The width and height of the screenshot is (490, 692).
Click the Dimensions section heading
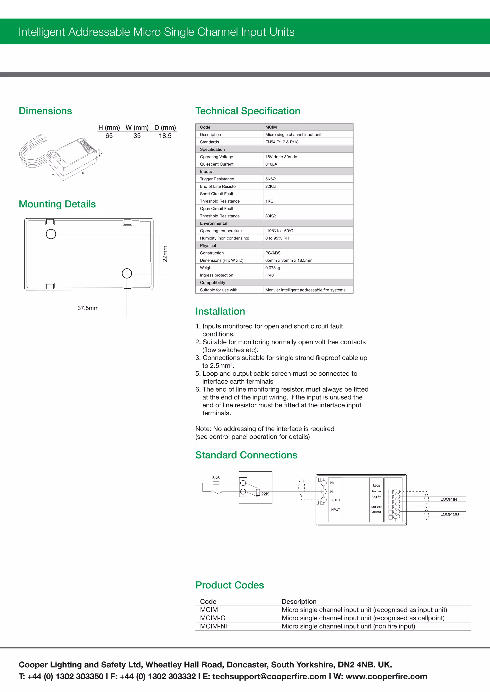tap(45, 111)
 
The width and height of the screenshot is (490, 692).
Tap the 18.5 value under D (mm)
tap(165, 136)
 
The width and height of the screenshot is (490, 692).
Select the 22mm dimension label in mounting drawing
tap(165, 254)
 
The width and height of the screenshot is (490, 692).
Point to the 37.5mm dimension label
tap(88, 308)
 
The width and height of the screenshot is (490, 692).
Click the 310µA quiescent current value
tap(271, 164)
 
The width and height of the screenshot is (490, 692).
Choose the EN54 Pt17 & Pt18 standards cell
tap(282, 142)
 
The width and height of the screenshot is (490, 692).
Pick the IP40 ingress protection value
tap(269, 275)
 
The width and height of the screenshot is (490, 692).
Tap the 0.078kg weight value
tap(273, 268)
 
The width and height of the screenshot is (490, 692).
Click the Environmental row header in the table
tap(213, 223)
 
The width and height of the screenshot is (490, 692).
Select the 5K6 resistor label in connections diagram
tap(216, 478)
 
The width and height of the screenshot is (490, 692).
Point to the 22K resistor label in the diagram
tap(265, 494)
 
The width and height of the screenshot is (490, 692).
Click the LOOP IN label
tap(448, 499)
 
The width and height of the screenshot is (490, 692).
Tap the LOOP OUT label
tap(451, 514)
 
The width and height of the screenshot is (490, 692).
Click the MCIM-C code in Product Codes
tap(212, 618)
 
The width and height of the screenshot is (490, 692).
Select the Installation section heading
tap(220, 311)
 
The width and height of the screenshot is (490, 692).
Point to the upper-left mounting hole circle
tap(51, 234)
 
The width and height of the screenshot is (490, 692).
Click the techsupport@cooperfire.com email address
tap(269, 677)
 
